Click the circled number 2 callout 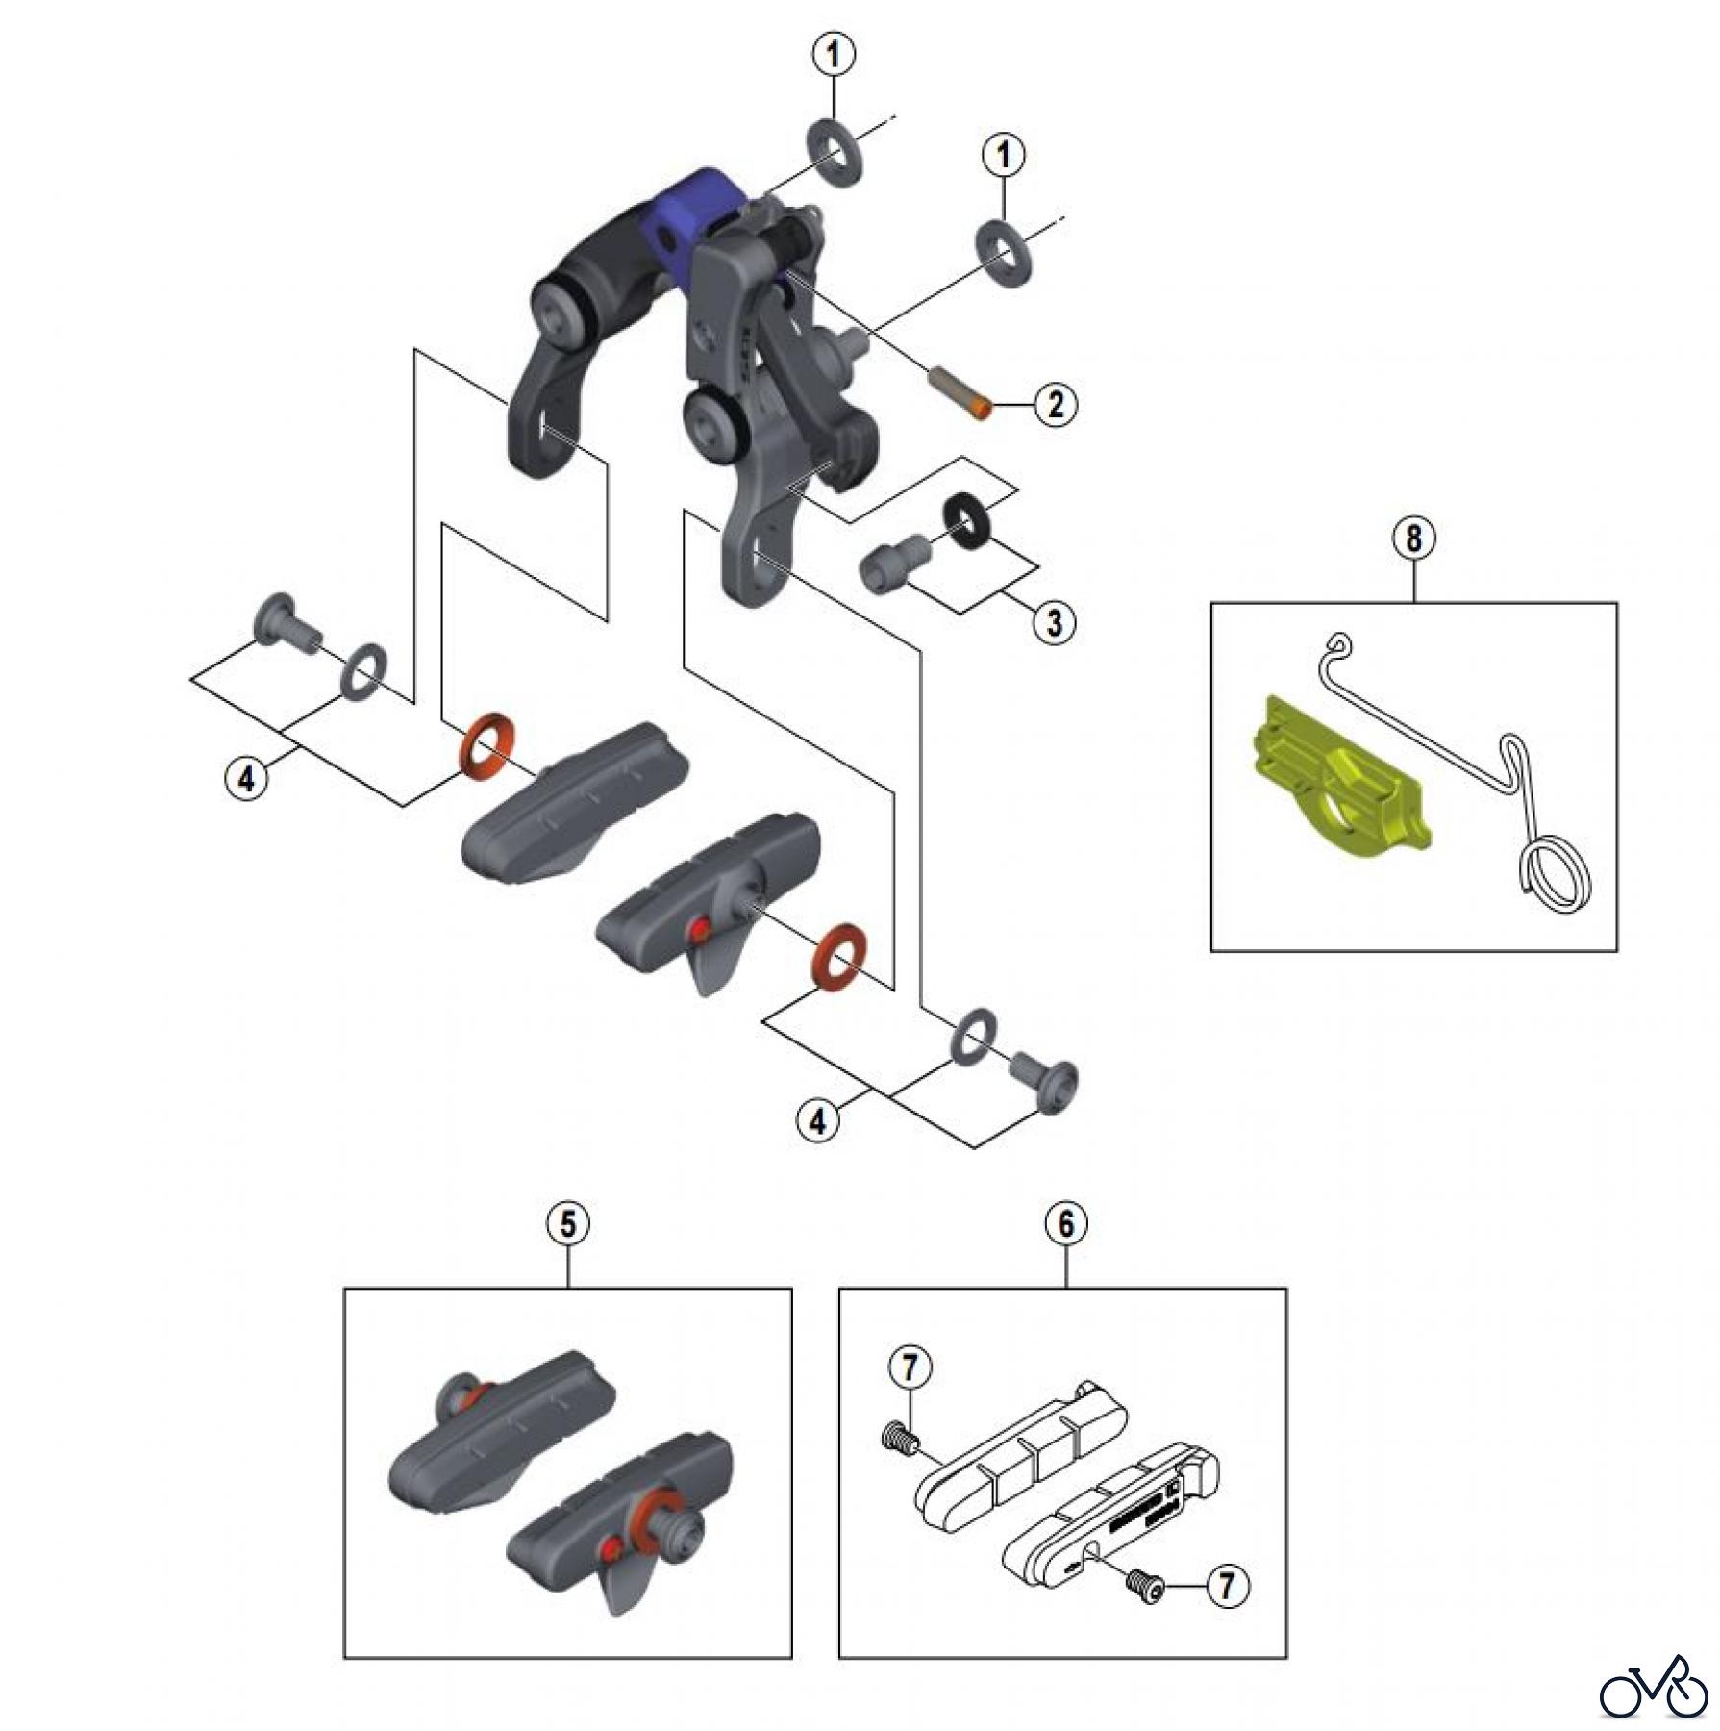click(1056, 404)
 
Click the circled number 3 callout click(1055, 622)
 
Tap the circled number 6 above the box click(1066, 1223)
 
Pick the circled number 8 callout click(1413, 539)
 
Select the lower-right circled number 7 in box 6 click(1227, 1586)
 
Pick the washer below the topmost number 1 click(833, 151)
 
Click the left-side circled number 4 click(247, 777)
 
